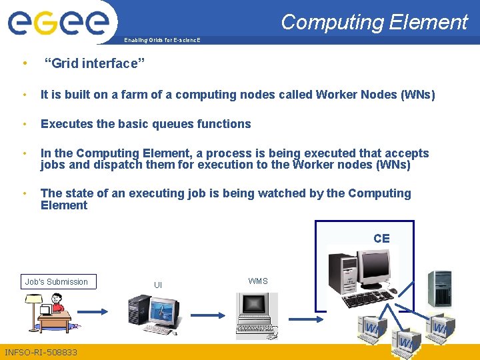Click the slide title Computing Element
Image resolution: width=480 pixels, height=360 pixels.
[374, 22]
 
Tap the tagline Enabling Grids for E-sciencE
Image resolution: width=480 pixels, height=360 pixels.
[162, 41]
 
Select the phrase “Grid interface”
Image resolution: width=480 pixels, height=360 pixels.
[94, 64]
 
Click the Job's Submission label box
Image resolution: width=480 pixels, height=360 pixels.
[57, 282]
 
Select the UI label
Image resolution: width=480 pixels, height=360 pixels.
[158, 285]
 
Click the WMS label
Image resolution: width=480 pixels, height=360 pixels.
[258, 281]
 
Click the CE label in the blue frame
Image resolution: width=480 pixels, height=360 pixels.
[381, 239]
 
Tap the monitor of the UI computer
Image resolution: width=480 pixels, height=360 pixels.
[164, 311]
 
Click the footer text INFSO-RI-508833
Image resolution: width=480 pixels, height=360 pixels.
[41, 352]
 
